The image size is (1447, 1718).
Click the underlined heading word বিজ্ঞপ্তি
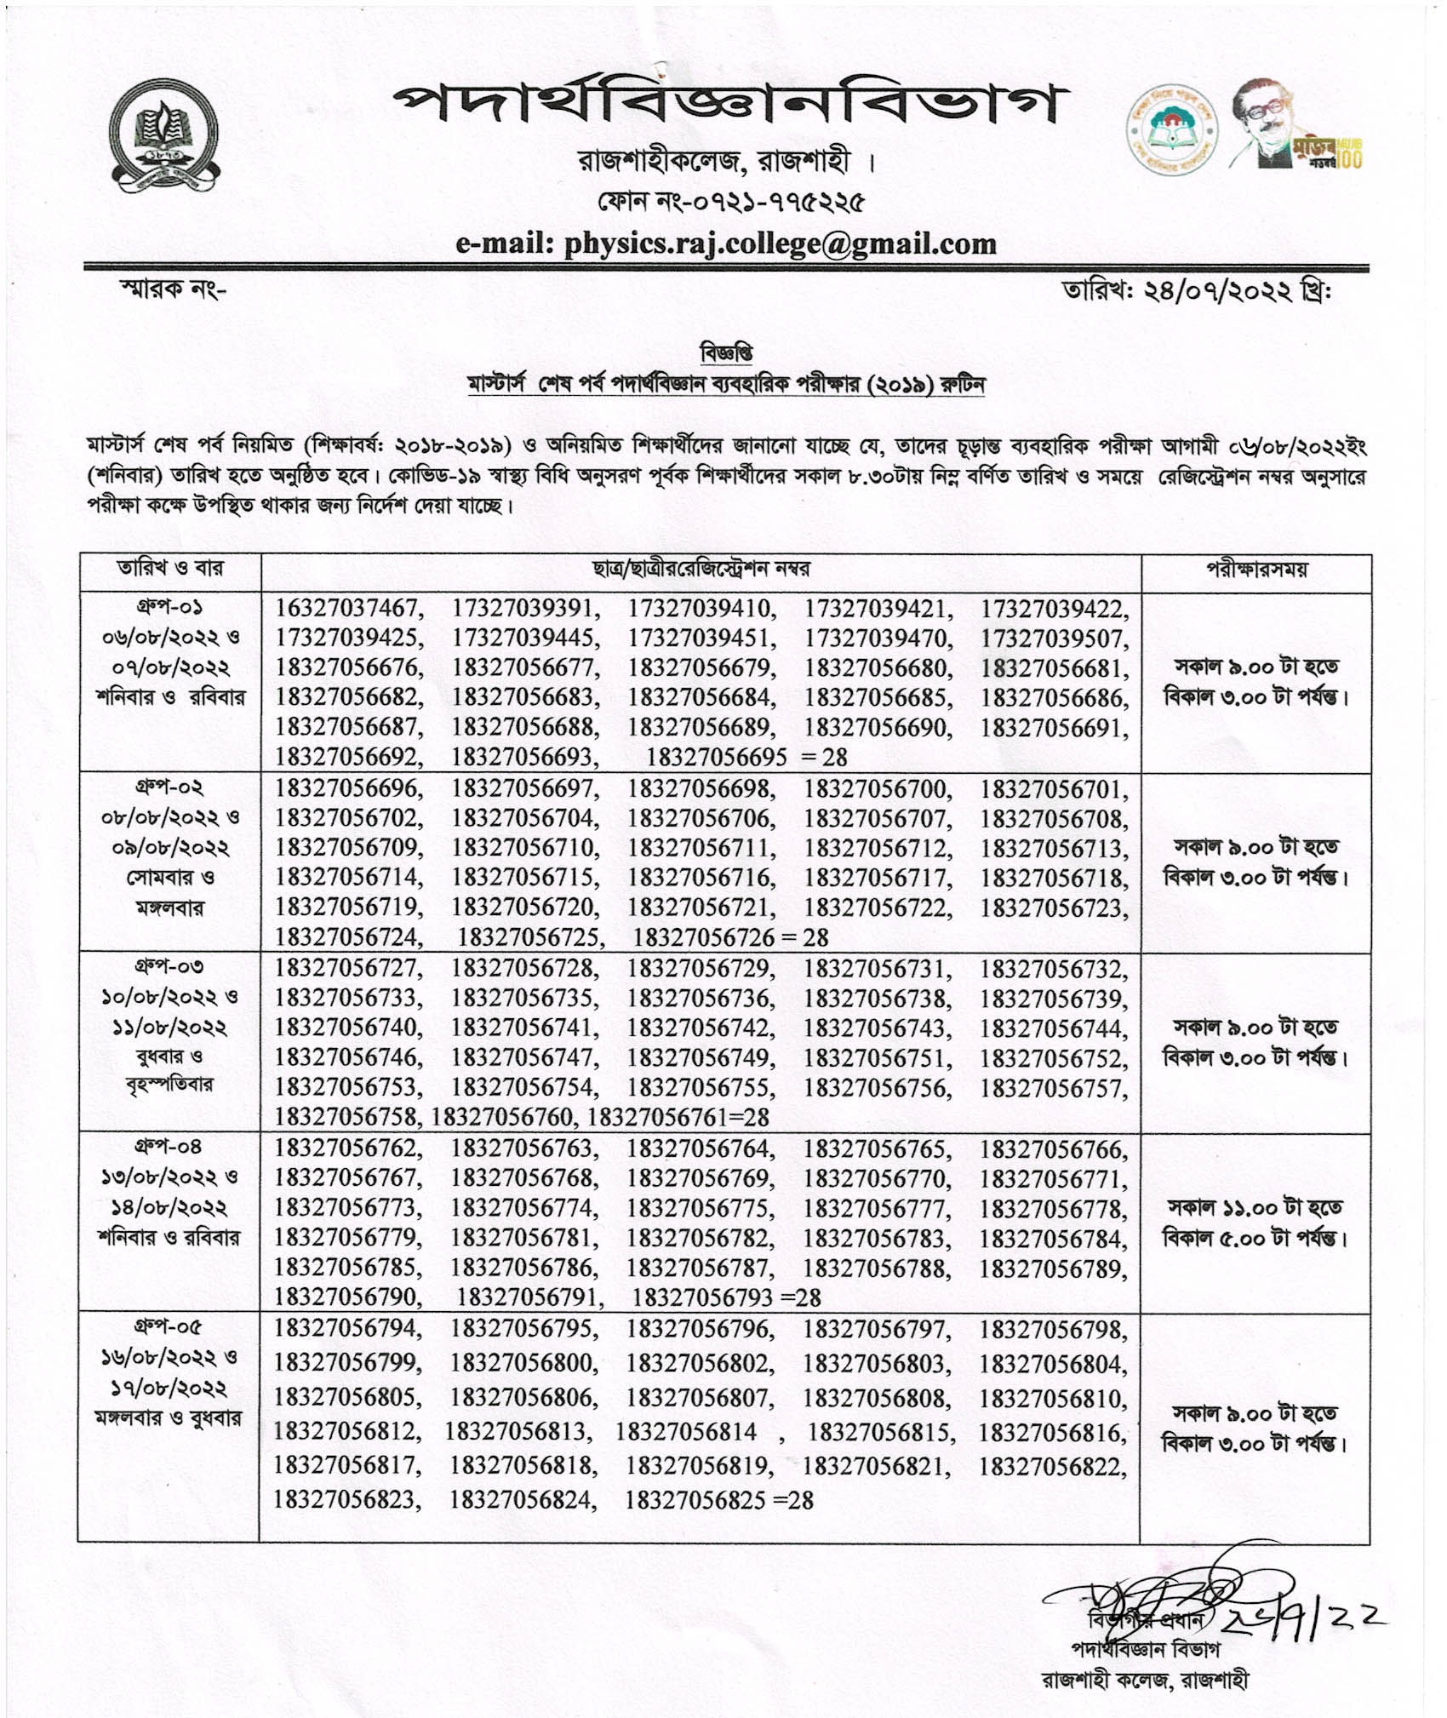(x=725, y=352)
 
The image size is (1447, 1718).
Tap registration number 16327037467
(x=347, y=609)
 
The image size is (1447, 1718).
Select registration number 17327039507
(x=1054, y=639)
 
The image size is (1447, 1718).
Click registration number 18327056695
(x=716, y=757)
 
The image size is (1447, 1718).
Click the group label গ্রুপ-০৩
(x=169, y=967)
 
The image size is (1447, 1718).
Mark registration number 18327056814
(x=686, y=1432)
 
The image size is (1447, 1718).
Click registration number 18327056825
(x=695, y=1500)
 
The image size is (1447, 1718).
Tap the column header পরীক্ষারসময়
(x=1255, y=570)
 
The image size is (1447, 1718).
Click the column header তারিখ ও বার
(x=169, y=569)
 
